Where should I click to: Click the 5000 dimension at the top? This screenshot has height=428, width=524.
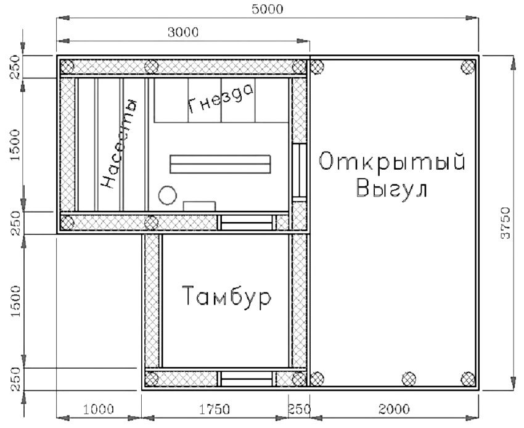268,9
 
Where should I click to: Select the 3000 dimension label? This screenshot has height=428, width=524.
183,32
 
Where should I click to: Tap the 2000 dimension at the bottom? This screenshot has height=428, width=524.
395,409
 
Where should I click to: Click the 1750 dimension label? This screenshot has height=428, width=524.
215,409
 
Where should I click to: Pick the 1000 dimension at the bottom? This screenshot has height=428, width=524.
99,409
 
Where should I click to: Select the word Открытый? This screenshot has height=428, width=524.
392,162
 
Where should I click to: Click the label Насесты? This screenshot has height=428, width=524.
118,144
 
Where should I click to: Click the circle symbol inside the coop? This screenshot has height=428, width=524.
168,195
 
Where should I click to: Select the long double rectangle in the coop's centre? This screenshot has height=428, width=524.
220,164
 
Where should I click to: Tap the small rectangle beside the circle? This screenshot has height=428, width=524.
199,206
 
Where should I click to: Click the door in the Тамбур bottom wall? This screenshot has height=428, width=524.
247,379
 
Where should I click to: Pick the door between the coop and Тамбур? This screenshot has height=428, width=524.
247,223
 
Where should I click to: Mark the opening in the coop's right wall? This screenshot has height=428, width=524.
299,173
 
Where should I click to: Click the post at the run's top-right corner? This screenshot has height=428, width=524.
468,67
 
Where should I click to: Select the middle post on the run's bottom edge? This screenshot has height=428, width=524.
409,379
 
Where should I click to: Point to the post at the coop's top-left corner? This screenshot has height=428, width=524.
67,67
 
